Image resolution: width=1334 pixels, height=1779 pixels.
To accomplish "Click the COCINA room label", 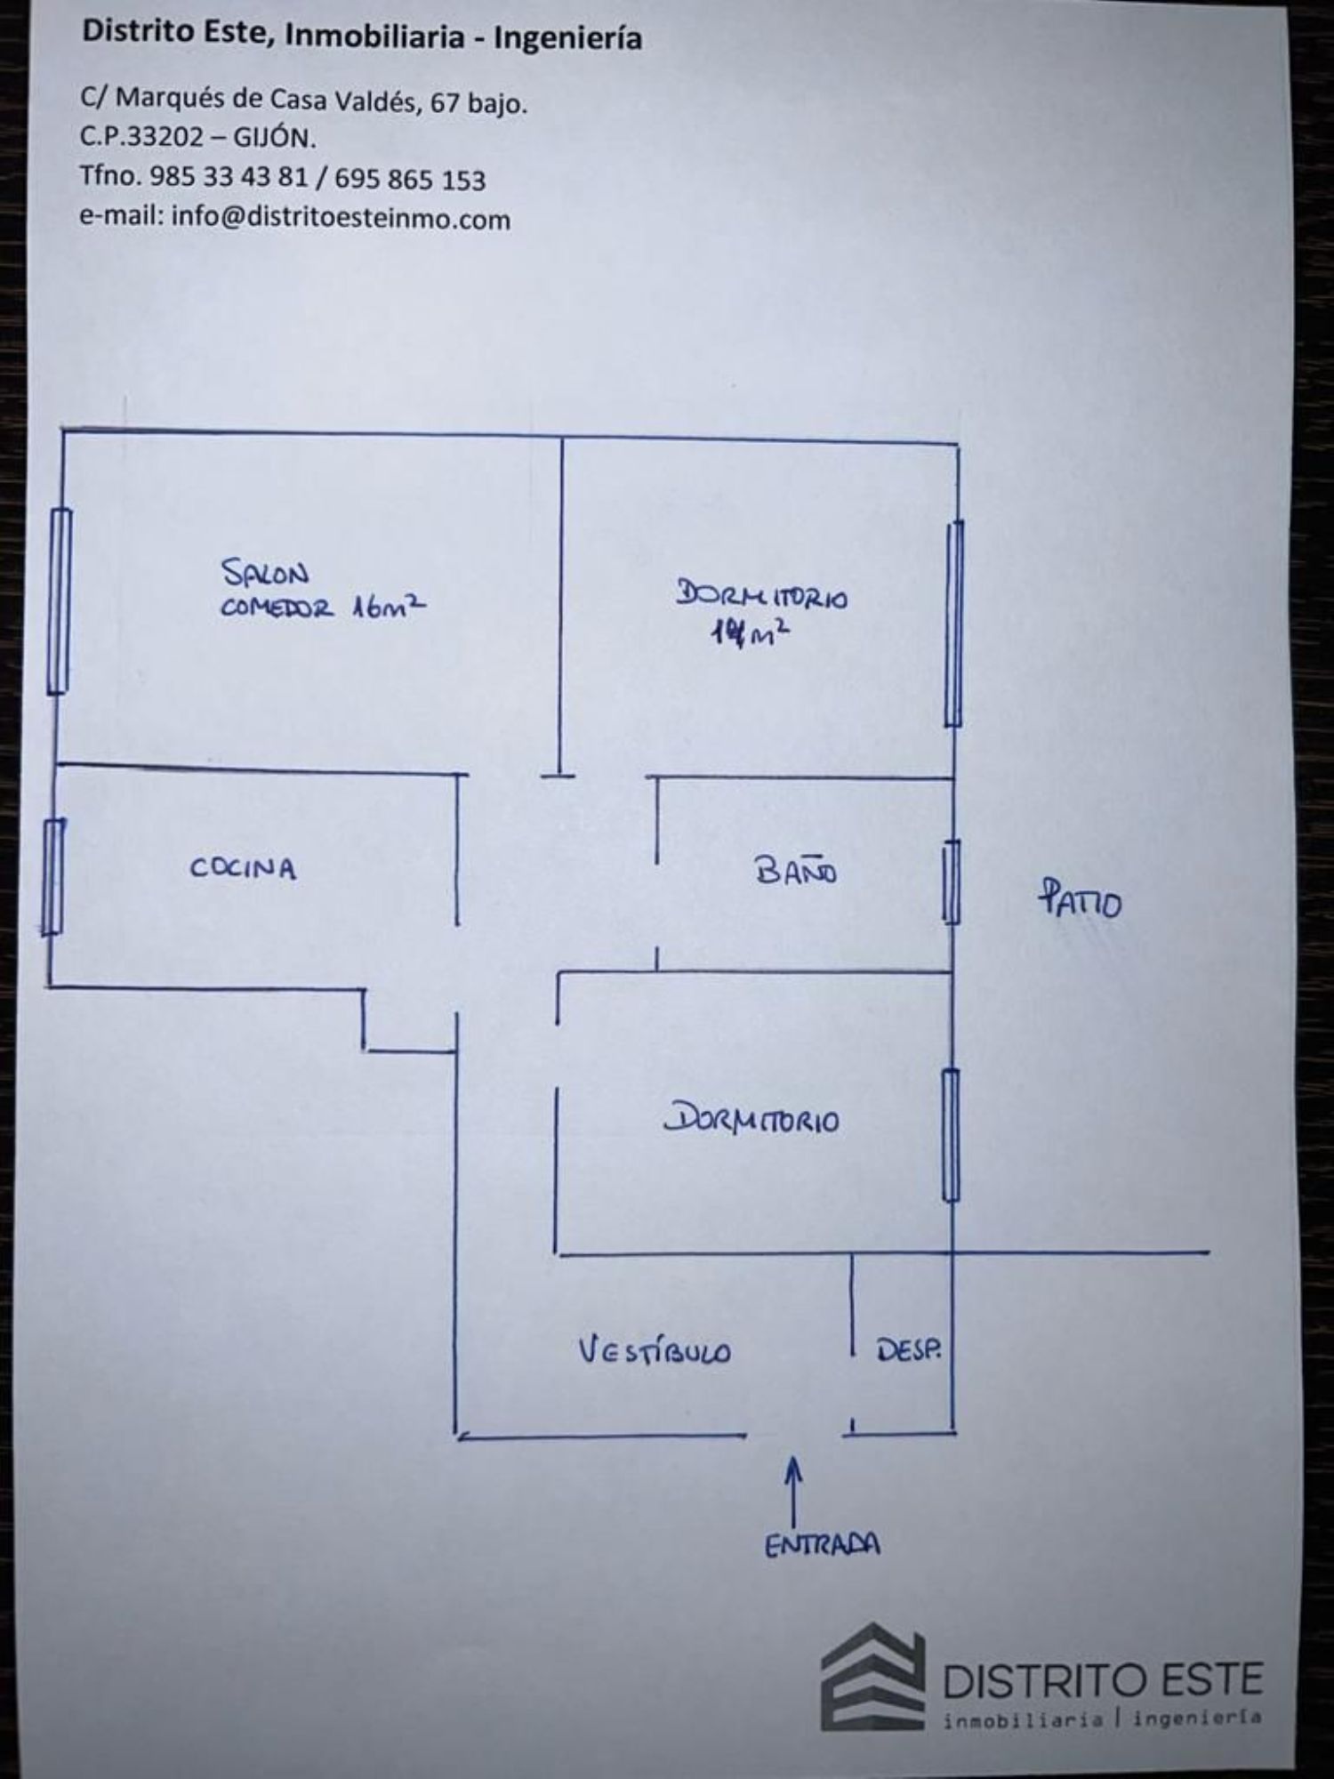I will coord(243,868).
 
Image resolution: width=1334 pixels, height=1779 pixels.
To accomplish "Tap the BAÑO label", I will coord(796,871).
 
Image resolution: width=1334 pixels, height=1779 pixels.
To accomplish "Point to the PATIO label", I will coord(1080,900).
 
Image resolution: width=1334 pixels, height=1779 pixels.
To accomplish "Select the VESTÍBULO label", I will coord(655,1351).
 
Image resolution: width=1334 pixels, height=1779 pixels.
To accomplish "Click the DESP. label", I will coord(908,1350).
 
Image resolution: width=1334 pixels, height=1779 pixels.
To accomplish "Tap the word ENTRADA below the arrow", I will coord(822,1545).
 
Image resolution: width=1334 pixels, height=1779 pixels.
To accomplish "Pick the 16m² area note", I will coord(388,607).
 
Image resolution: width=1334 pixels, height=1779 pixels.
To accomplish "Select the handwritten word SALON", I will coord(265,573).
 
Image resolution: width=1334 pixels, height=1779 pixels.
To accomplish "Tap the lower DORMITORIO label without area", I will coord(751,1119).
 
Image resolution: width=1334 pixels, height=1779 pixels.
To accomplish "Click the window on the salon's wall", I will coord(59,600).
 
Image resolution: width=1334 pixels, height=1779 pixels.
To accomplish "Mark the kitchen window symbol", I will coord(52,876).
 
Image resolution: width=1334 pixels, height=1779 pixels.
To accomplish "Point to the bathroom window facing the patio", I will coord(951,881).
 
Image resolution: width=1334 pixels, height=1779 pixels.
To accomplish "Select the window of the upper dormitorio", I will coord(954,623).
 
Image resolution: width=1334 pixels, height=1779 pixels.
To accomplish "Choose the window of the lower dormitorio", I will coord(951,1135).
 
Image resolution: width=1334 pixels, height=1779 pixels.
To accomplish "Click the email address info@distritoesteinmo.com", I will coord(341,218).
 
